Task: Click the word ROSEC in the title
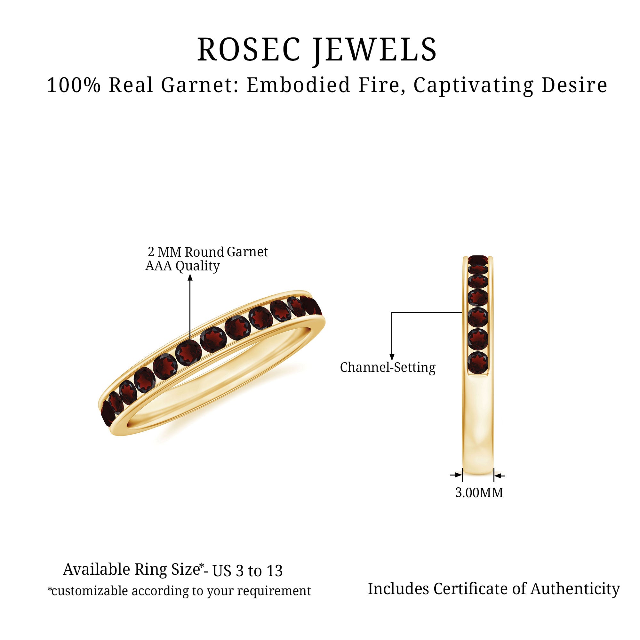(248, 49)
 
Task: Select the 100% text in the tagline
(74, 85)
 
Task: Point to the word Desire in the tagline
(574, 85)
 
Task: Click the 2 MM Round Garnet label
(208, 252)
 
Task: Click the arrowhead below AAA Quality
(190, 277)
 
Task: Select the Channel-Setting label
(388, 368)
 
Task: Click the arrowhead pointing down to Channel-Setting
(392, 357)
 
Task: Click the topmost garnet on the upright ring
(478, 260)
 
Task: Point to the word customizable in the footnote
(89, 591)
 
